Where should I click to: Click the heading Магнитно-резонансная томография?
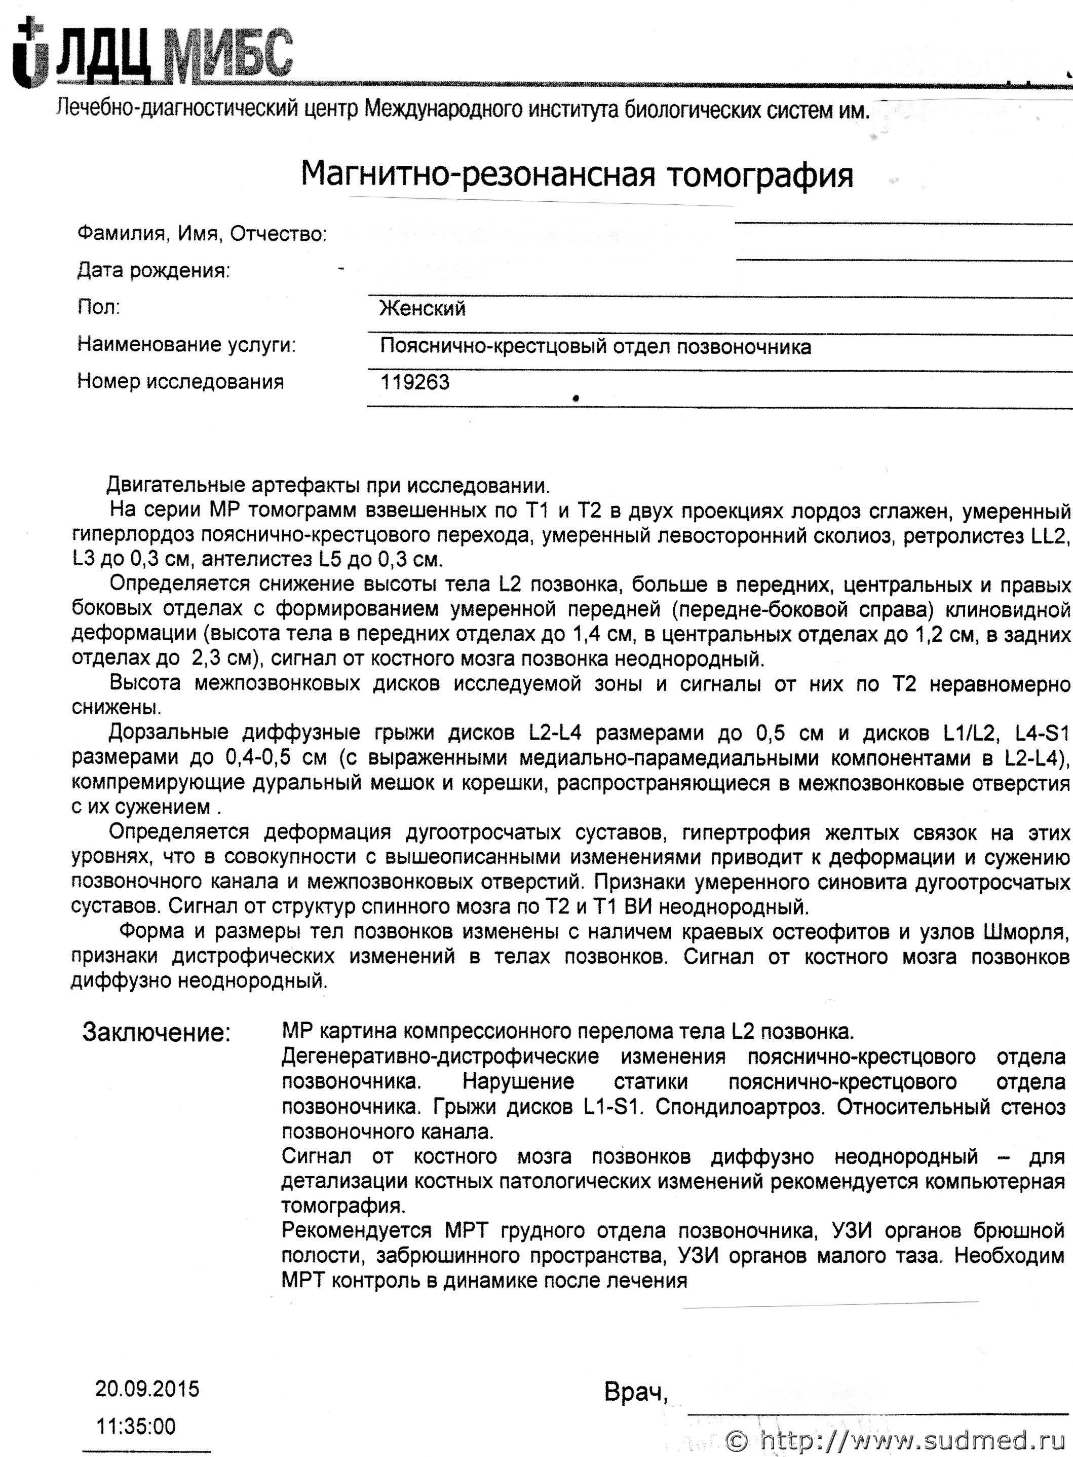pos(577,175)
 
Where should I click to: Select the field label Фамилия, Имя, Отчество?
pos(201,234)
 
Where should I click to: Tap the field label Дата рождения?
pos(154,270)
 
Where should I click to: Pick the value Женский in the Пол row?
pos(422,308)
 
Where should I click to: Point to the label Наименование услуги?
pos(186,344)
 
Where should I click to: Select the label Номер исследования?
pos(180,381)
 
